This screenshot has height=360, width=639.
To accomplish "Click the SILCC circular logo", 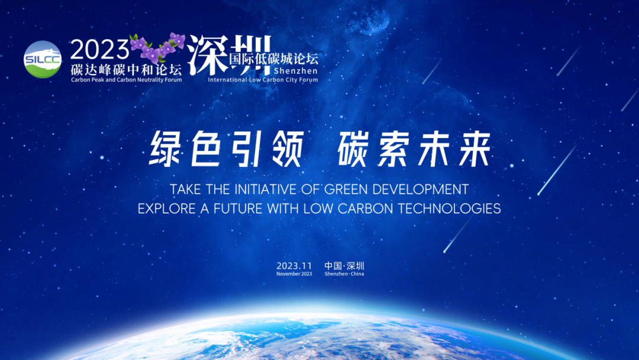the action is tap(43, 60).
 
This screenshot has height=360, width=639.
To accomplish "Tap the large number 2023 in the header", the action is tap(100, 50).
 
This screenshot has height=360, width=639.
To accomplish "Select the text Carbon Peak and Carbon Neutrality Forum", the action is tap(127, 80).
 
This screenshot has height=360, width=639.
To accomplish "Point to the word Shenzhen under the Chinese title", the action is tap(296, 71).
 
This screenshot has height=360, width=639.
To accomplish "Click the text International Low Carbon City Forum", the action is tap(263, 79).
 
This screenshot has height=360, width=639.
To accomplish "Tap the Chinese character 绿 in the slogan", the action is tap(167, 149).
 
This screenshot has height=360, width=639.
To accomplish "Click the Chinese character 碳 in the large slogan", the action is tap(356, 149).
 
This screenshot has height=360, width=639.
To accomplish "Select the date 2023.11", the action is tap(294, 266).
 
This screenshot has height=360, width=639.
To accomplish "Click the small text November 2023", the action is tap(294, 274).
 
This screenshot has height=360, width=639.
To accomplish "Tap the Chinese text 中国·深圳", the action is tap(344, 266).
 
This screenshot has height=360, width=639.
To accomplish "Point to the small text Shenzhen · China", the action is tap(344, 274).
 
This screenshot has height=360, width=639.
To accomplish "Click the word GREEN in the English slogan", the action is tap(346, 189).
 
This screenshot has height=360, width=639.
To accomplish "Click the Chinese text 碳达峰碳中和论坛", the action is tap(127, 69).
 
